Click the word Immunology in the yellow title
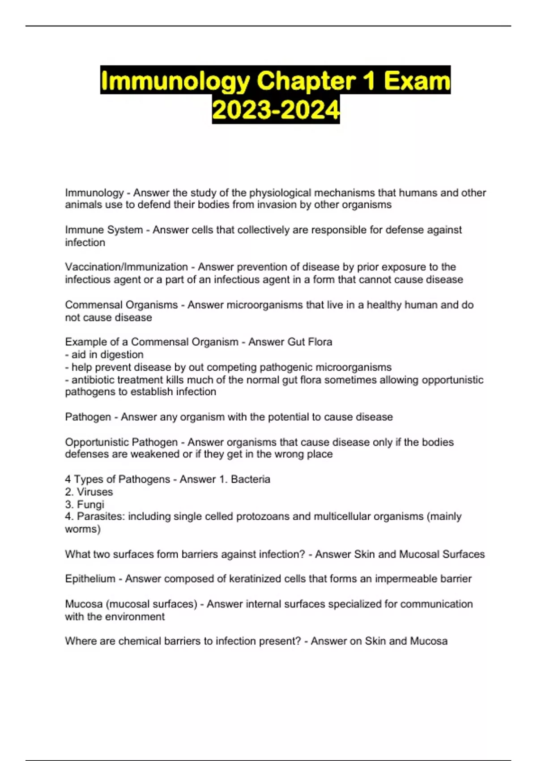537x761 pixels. (175, 81)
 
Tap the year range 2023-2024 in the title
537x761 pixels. (276, 110)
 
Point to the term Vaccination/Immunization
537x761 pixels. (126, 267)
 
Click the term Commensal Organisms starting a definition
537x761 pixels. (121, 305)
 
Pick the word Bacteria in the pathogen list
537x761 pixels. (250, 479)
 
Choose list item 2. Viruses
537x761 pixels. (89, 492)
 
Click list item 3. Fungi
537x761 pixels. (85, 504)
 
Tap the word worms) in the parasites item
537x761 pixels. (83, 529)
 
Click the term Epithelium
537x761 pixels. (90, 579)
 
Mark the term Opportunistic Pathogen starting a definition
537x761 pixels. (121, 442)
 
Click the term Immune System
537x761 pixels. (104, 230)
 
